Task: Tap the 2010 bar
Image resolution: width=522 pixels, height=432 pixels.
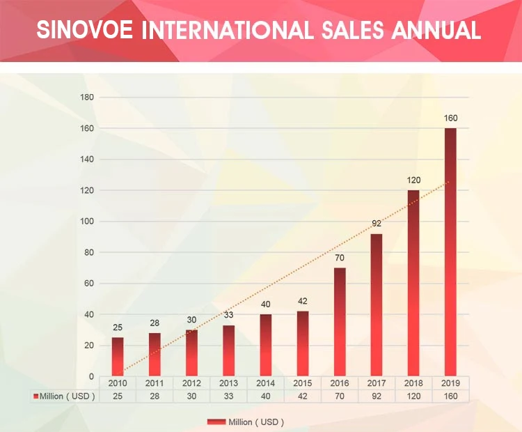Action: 118,357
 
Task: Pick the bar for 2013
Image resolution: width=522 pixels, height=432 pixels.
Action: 229,350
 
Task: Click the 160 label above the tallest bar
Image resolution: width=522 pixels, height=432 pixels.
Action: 450,118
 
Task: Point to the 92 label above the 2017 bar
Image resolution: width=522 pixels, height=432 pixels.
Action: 377,224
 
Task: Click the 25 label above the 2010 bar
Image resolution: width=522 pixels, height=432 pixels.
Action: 118,327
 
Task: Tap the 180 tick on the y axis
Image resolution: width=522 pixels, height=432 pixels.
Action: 87,97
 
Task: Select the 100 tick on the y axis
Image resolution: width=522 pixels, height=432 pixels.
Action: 87,222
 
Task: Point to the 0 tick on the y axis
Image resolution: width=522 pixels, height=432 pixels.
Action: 91,377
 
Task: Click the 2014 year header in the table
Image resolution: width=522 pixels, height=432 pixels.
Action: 266,383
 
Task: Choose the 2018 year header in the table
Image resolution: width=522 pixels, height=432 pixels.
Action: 413,383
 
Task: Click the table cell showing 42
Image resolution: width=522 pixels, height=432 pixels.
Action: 303,396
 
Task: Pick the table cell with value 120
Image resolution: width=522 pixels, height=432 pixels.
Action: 413,396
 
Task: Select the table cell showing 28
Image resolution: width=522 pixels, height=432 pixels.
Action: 155,396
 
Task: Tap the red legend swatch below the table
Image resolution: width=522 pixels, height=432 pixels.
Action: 216,422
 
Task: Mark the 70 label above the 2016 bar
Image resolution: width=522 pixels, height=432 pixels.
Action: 340,258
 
